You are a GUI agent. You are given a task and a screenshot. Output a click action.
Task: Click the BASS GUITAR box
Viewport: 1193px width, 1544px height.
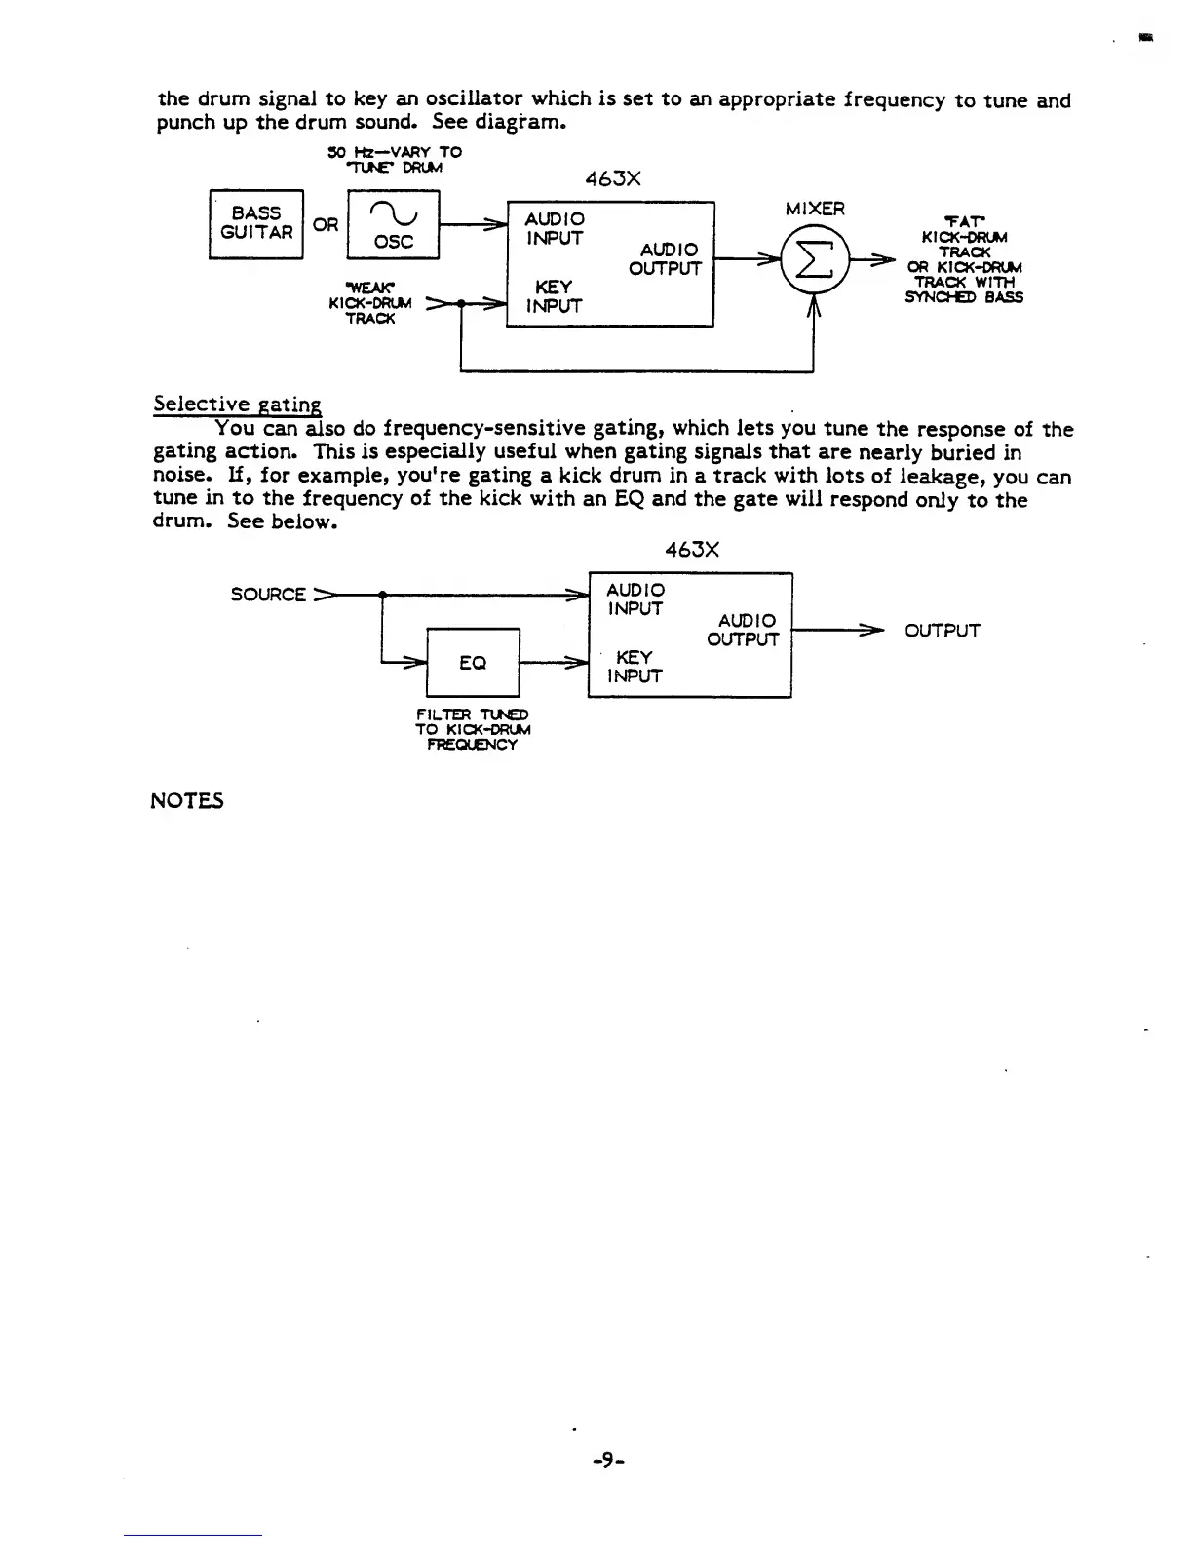coord(256,223)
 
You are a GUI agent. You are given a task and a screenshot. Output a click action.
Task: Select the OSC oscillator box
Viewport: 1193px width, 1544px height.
coord(393,224)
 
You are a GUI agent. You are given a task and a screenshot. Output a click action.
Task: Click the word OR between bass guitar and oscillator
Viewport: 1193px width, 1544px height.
coord(326,225)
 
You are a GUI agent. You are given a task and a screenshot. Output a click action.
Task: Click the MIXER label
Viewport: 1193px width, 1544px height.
coord(815,209)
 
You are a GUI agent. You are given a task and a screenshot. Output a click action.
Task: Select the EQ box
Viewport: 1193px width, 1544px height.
coord(473,663)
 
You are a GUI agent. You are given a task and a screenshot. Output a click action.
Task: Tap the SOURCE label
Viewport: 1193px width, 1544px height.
coord(268,595)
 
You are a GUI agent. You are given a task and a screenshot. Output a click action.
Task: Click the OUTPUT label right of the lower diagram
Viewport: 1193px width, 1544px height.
coord(942,631)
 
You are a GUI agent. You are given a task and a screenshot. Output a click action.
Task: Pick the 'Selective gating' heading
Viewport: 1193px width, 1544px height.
coord(237,405)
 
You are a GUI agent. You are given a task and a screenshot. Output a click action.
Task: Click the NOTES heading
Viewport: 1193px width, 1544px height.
coord(187,801)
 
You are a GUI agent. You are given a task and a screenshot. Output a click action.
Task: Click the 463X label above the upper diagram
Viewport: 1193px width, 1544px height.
coord(612,179)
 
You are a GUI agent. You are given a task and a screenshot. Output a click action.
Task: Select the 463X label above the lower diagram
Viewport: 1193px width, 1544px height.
coord(692,550)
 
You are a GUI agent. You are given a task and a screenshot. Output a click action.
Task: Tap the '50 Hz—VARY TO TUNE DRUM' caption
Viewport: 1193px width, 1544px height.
coord(394,159)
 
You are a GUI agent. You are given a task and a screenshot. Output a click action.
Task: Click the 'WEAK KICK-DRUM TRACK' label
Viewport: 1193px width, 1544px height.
coord(370,302)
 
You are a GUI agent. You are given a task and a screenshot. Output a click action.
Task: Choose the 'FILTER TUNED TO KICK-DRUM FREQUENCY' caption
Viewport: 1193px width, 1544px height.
coord(473,730)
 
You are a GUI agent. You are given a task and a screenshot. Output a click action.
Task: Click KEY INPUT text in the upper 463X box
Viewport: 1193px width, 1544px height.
coord(554,296)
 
